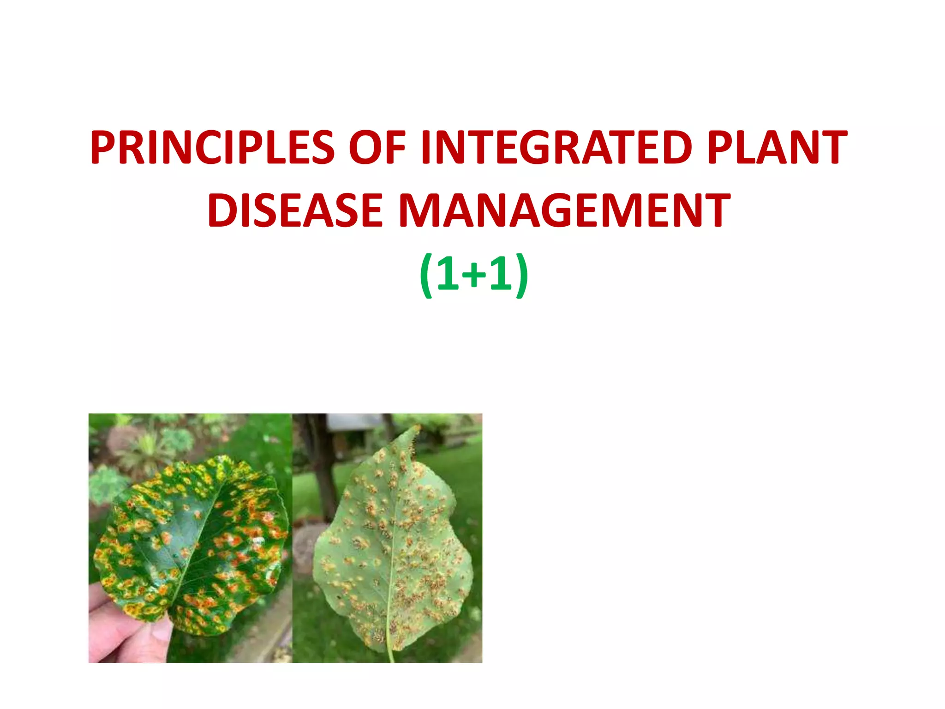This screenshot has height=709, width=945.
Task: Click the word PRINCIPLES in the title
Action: point(212,148)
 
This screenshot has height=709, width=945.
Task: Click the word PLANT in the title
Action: point(777,148)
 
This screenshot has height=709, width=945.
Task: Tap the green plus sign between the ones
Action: point(474,276)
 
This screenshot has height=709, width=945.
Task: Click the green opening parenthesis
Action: point(426,276)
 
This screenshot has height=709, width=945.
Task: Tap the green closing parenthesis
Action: point(521,276)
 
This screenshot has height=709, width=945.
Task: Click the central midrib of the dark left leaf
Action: point(198,545)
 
